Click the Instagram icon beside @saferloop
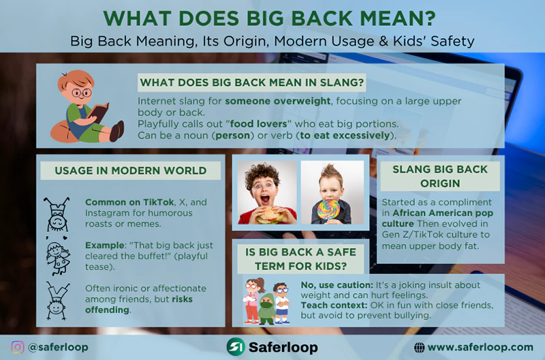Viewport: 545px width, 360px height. click(18, 347)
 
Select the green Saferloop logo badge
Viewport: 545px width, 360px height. click(235, 347)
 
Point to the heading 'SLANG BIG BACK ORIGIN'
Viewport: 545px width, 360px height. click(439, 177)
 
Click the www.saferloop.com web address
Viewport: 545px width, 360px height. click(480, 347)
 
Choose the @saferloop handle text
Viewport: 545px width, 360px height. click(59, 347)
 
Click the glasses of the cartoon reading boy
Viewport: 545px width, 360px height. click(81, 91)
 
